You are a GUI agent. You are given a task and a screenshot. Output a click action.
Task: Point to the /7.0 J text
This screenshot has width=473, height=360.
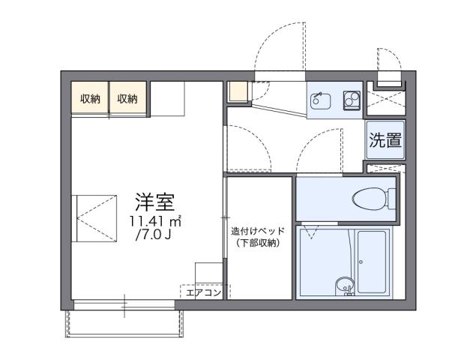pyautogui.click(x=153, y=237)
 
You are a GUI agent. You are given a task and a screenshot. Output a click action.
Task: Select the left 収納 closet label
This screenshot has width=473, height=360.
pyautogui.click(x=90, y=98)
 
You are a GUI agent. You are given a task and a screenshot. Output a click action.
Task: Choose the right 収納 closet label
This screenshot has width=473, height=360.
pyautogui.click(x=127, y=98)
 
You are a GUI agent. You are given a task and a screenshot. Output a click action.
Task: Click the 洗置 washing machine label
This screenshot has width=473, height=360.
pyautogui.click(x=385, y=140)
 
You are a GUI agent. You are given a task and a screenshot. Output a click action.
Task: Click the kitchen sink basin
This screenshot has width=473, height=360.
pyautogui.click(x=320, y=99)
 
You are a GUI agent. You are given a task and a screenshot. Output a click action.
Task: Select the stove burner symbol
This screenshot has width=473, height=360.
pyautogui.click(x=351, y=99)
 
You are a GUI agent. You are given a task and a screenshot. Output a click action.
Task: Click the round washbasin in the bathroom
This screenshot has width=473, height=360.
pyautogui.click(x=343, y=283)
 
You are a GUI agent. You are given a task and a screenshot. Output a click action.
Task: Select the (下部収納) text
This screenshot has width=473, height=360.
pyautogui.click(x=257, y=244)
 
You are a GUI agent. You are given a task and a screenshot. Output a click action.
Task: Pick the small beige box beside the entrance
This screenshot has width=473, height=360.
pyautogui.click(x=237, y=91)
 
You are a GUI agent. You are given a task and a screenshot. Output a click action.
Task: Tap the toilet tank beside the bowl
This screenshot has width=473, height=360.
pyautogui.click(x=392, y=199)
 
